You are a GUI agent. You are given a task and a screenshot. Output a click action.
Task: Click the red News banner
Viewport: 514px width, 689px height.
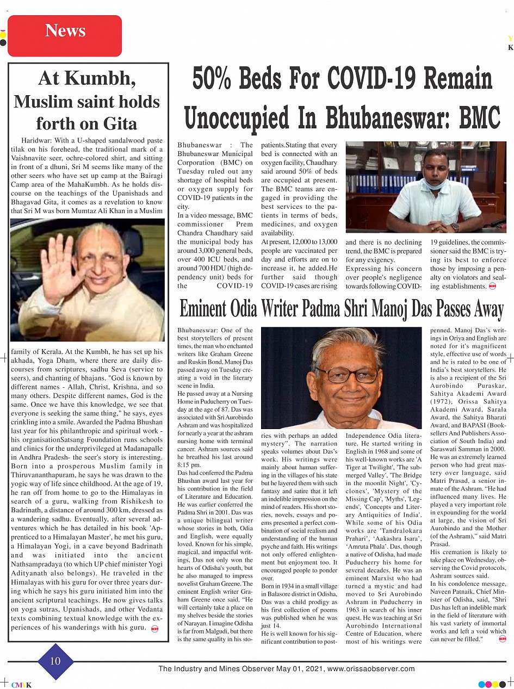65,35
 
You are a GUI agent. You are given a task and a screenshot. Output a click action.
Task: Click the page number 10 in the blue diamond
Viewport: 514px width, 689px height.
55,661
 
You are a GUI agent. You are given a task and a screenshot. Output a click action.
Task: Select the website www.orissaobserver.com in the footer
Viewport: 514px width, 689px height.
371,669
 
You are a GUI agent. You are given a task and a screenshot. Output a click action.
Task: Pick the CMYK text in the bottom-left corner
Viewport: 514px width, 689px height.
21,685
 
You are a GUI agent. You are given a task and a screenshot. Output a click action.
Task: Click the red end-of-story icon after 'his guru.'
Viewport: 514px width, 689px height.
155,629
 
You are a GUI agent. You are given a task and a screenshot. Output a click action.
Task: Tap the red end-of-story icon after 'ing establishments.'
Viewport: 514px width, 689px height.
493,286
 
